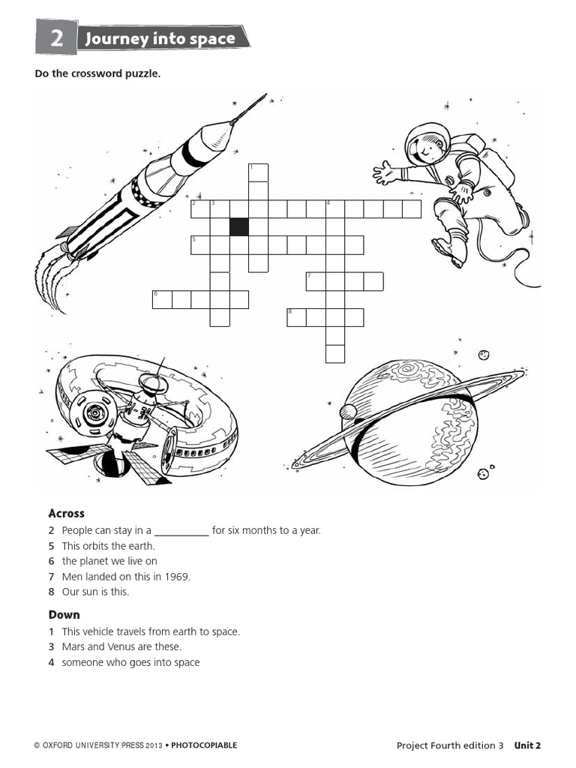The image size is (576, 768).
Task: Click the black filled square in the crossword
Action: click(239, 226)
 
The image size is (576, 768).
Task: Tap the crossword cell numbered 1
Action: click(258, 172)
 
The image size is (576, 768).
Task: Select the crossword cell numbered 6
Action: click(162, 299)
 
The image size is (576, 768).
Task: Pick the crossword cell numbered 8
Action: click(296, 317)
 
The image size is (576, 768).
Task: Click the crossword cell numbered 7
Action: click(315, 281)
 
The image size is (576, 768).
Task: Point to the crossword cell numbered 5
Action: click(200, 245)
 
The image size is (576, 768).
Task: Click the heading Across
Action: click(67, 514)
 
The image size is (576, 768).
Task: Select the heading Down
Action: click(64, 615)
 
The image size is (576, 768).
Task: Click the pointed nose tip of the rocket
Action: click(265, 95)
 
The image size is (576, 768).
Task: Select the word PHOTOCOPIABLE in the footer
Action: click(204, 745)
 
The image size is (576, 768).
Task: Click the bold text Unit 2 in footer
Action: click(527, 745)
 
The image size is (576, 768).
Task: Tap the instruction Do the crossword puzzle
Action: click(97, 73)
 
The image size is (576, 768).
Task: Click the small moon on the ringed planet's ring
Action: click(348, 411)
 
